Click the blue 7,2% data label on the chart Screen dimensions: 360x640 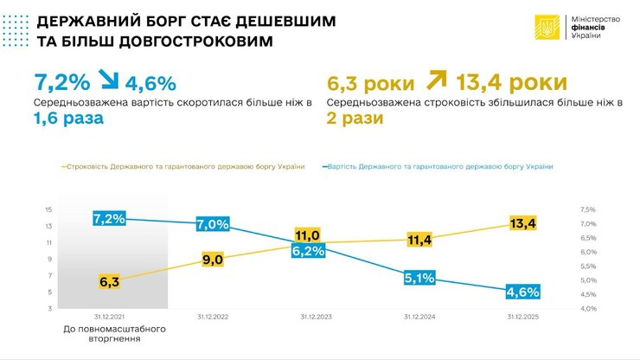109,219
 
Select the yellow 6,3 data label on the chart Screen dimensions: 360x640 109,281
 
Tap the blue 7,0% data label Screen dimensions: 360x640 212,224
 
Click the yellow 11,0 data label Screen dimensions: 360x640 308,235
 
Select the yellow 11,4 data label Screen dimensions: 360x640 419,240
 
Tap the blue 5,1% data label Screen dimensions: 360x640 419,278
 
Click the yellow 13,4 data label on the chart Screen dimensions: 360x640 522,224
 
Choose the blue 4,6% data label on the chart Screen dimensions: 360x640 522,291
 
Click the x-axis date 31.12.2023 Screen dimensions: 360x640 317,317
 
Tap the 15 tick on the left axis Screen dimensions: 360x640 48,209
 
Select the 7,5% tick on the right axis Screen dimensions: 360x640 588,209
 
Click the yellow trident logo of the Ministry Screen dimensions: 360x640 546,29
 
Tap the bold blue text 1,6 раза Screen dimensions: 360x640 68,119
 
